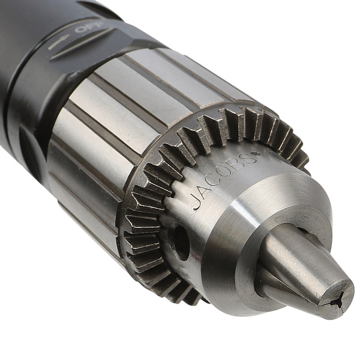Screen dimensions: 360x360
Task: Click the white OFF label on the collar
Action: [x=89, y=28]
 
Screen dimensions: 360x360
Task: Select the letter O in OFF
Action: [x=81, y=29]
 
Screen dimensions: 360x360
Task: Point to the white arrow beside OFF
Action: [x=59, y=42]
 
